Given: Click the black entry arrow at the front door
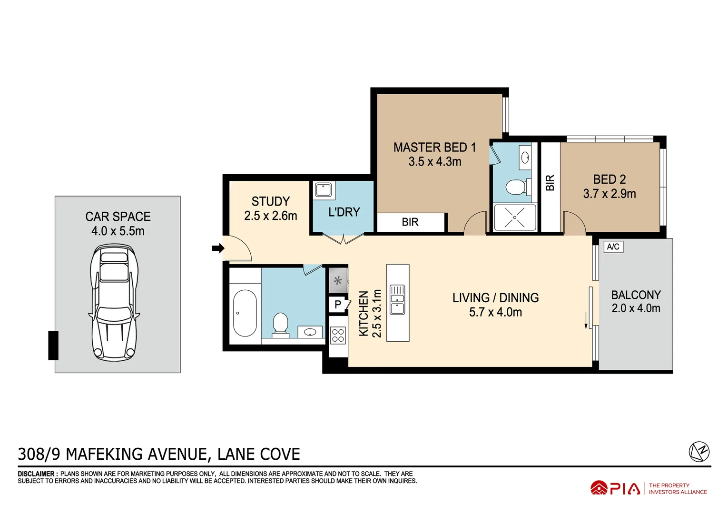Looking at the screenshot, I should [218, 248].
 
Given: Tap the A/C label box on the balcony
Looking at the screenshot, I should [613, 247].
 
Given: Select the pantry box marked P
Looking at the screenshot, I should [338, 305].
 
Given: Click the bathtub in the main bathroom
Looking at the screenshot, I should [245, 313].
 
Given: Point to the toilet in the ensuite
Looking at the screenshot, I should [515, 187].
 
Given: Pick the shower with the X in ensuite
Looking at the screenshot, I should [515, 217].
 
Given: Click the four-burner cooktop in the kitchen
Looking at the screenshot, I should [338, 335].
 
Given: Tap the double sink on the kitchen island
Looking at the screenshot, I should [397, 300].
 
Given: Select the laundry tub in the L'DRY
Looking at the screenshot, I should [324, 190].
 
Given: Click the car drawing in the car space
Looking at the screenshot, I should [114, 302].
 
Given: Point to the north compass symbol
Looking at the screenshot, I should [699, 451].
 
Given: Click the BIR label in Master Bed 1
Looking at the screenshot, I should [410, 222].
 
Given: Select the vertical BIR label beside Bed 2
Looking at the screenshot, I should [550, 183].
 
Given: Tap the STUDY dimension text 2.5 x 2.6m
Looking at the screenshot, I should [270, 216].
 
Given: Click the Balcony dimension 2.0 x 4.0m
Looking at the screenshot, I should [636, 308].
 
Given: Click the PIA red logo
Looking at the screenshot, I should [615, 488].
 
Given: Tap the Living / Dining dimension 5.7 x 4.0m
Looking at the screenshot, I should [495, 312].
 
